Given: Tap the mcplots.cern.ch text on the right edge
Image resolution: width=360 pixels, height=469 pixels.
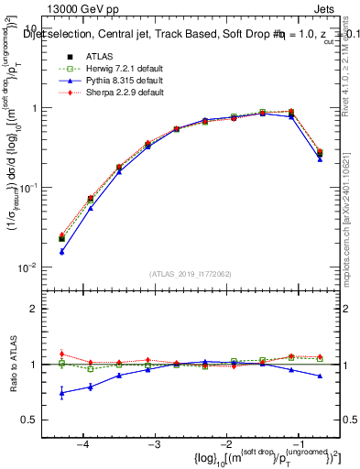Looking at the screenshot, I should point(345,220).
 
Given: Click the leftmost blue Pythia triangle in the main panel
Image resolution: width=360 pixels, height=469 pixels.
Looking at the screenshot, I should point(62,251).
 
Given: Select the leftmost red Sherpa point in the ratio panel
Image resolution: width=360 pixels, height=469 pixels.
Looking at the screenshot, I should point(62,354).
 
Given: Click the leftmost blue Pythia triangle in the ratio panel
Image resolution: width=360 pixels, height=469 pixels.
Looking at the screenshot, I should point(62,393).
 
